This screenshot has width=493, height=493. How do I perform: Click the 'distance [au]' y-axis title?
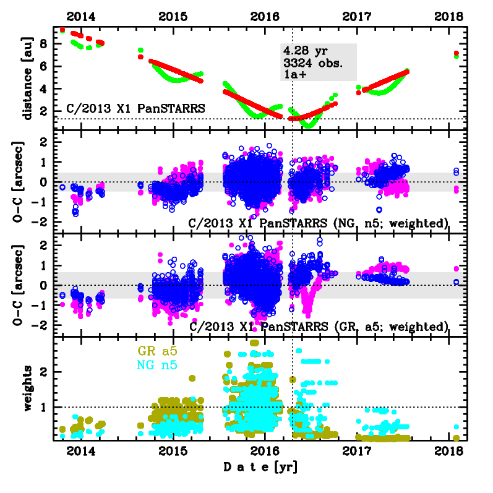click(x=28, y=77)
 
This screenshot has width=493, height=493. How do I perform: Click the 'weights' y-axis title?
click(x=28, y=388)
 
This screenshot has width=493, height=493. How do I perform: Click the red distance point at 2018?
click(x=456, y=53)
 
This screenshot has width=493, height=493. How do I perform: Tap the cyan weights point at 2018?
click(x=457, y=427)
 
